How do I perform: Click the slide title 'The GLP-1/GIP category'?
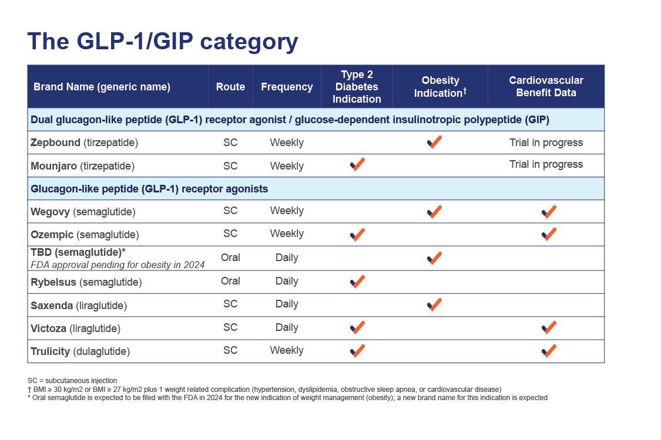tap(163, 42)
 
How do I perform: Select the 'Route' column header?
tap(230, 87)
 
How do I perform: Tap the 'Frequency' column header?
tap(287, 87)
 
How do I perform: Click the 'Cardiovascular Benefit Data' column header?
tap(546, 86)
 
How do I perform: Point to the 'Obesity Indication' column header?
tap(440, 86)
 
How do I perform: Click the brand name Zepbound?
tap(55, 143)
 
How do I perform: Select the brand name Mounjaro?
tap(53, 166)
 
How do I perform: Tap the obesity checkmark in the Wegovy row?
tap(434, 212)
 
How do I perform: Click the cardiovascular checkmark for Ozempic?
tap(549, 234)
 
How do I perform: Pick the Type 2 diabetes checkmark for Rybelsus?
tap(357, 282)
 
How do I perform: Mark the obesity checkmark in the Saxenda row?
tap(434, 304)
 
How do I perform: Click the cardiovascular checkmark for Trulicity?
tap(549, 351)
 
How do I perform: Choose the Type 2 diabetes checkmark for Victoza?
tap(357, 327)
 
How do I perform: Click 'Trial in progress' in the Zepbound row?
tap(546, 143)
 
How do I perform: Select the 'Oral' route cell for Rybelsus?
tap(230, 281)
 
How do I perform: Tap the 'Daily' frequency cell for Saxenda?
tap(287, 304)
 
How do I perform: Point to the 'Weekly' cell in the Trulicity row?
tap(287, 350)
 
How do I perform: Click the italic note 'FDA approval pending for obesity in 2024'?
tap(118, 265)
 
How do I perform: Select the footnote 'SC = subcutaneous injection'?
tap(72, 381)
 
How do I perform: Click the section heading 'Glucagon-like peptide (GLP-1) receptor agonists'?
tap(149, 189)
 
